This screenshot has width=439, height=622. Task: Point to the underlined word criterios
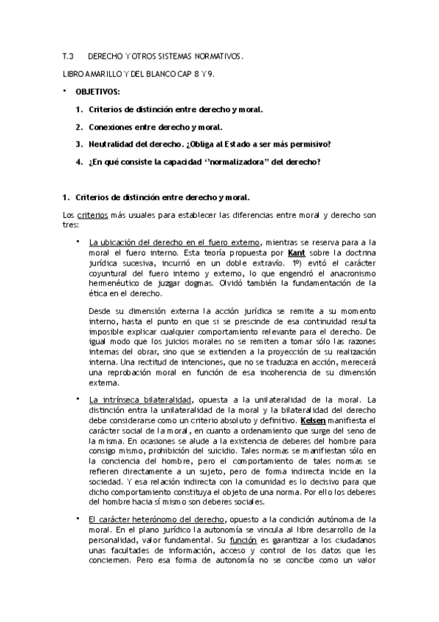pyautogui.click(x=93, y=215)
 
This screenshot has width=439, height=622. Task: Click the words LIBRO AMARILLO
pyautogui.click(x=88, y=74)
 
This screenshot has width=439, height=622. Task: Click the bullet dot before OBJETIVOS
pyautogui.click(x=64, y=91)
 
